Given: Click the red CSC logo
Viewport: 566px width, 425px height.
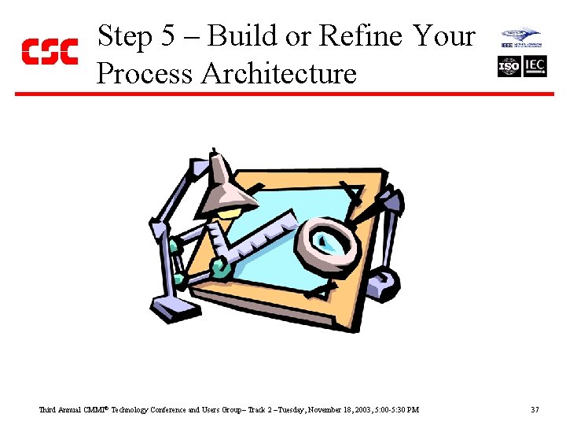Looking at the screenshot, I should [x=49, y=52].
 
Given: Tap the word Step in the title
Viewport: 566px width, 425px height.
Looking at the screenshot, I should [x=124, y=37].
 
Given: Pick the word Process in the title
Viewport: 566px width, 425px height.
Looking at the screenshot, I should [x=144, y=73].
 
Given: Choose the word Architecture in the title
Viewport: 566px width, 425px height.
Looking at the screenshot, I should [x=279, y=73].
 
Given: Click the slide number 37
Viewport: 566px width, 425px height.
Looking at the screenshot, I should [x=535, y=410].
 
